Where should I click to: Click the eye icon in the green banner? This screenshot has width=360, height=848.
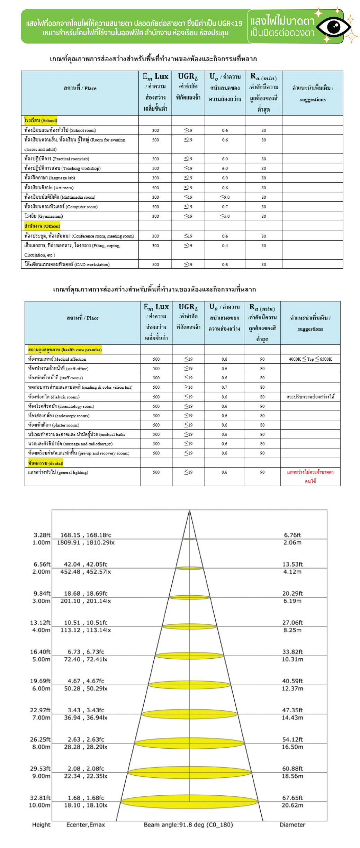point(334,26)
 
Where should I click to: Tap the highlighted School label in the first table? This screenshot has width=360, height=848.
point(40,120)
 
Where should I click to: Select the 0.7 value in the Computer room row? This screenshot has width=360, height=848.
point(225,207)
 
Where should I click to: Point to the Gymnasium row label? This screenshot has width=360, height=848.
point(44,216)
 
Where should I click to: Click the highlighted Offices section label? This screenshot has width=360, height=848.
point(42,226)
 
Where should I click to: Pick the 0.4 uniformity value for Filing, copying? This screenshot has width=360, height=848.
point(225,245)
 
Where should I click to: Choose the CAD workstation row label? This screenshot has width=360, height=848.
point(67,264)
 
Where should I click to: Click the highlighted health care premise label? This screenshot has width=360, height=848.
point(65,350)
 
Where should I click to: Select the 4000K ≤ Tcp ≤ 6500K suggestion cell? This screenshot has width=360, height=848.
point(310,359)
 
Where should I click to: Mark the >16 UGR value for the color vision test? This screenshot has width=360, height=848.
point(188,387)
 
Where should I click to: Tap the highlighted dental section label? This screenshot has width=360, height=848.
point(46,463)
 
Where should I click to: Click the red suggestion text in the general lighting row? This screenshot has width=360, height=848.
point(310,476)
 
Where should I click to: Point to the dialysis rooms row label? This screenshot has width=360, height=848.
point(54,397)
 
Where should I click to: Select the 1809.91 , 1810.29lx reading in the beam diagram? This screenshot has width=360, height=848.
point(85,542)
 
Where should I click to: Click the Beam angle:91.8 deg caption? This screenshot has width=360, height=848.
point(188,825)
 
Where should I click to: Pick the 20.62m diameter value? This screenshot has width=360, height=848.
point(292,805)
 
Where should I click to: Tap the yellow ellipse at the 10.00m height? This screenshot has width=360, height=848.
point(189,801)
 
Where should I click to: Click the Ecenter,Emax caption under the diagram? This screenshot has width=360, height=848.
point(85,825)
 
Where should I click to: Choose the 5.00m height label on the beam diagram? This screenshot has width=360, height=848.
point(41,659)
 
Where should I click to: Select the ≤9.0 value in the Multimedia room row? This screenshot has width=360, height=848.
point(225,197)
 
